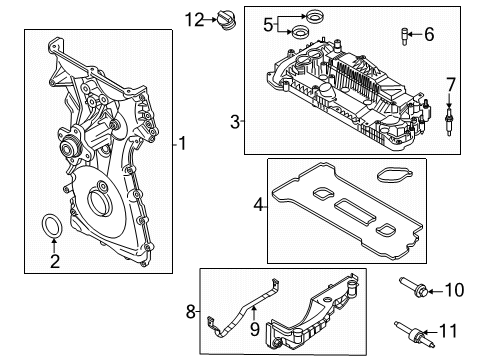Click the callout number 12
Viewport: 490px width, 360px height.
(194, 20)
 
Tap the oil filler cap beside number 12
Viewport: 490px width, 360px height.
(226, 20)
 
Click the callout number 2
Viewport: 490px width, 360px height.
(55, 261)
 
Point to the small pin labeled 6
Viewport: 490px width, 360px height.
(405, 37)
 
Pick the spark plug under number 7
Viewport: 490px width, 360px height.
(450, 120)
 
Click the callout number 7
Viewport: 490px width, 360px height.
(451, 85)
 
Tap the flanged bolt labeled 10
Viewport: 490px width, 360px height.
(414, 287)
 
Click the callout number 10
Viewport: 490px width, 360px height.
(455, 290)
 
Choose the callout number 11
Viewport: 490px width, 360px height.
(449, 331)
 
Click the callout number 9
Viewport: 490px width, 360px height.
(255, 329)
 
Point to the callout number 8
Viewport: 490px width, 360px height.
(190, 312)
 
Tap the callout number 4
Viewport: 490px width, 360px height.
(258, 205)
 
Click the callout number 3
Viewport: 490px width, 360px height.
(235, 122)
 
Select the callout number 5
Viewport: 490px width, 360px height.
(268, 25)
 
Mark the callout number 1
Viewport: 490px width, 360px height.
(182, 143)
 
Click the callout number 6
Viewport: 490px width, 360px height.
(429, 34)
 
